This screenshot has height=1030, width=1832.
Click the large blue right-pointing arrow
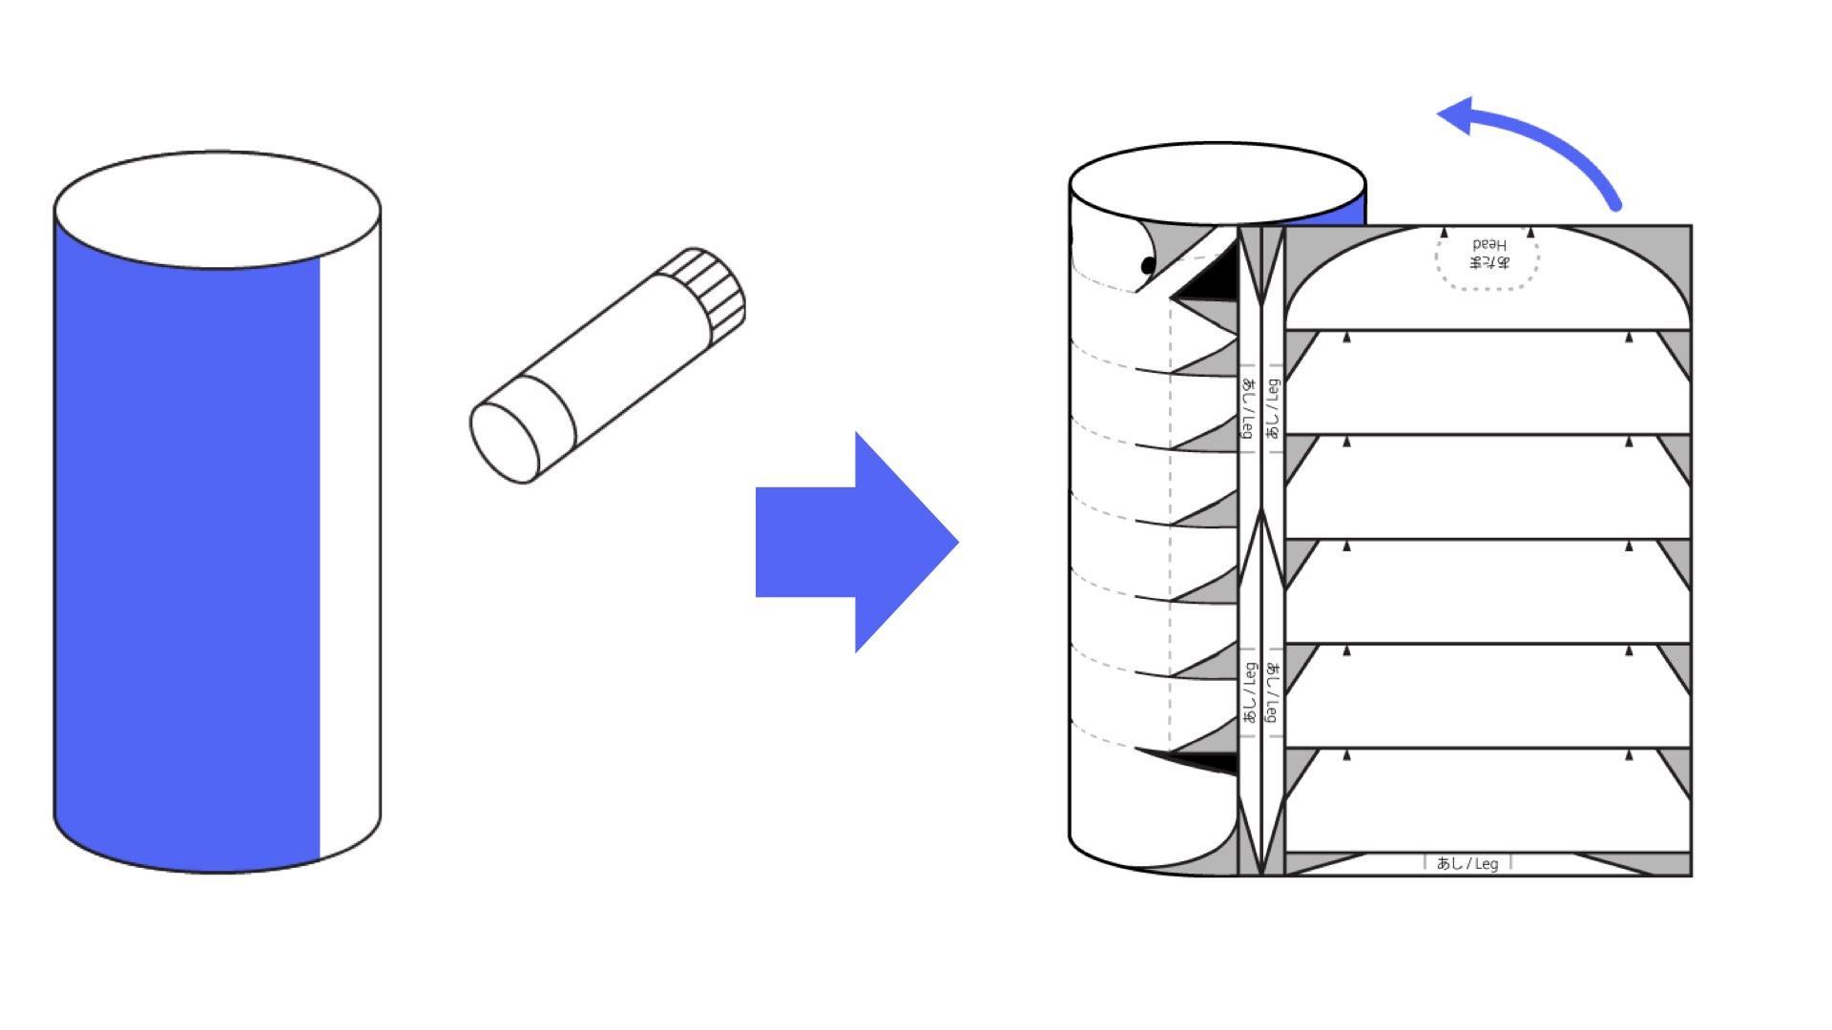[857, 542]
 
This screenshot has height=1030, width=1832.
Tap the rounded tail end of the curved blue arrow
[1614, 203]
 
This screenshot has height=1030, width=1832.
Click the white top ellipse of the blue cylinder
[218, 209]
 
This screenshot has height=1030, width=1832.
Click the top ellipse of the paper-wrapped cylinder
[1218, 184]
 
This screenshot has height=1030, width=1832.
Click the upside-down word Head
[1488, 245]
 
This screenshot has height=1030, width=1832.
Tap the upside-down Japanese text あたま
[1488, 262]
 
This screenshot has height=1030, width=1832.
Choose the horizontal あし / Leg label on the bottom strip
[1468, 863]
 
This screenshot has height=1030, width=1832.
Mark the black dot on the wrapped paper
[1149, 265]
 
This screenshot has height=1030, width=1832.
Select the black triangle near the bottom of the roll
[1197, 760]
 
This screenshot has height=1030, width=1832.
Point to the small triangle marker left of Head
[1445, 232]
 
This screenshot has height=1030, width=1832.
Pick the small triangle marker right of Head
[1530, 232]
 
